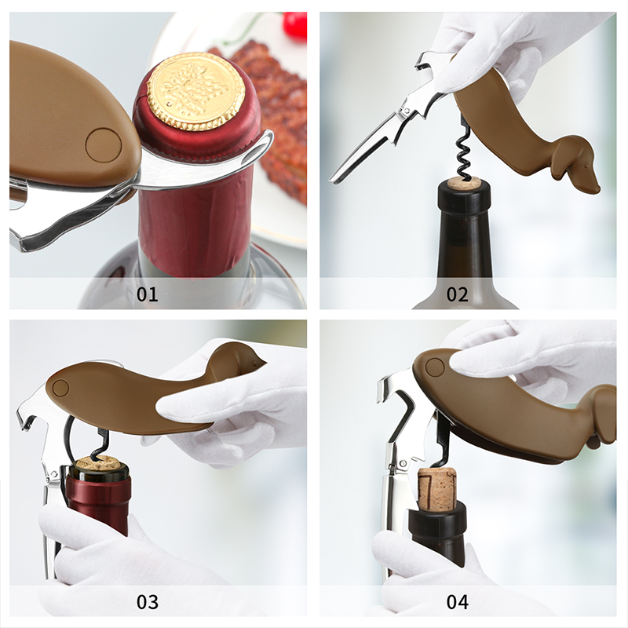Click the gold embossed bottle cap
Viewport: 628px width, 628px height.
pos(195,91)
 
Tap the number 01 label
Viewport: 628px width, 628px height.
pos(148,294)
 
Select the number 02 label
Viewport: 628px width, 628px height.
pos(458,294)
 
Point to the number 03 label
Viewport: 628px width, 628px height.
pos(148,602)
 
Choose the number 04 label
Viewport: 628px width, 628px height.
pos(458,602)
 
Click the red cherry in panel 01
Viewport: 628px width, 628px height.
pos(295,25)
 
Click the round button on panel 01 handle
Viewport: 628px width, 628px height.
pos(104,145)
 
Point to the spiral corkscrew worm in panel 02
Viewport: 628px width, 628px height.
pos(465,154)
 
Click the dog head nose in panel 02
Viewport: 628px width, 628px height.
pos(597,189)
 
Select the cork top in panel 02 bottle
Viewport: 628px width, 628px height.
pos(465,183)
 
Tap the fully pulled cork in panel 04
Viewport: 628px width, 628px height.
pos(437,489)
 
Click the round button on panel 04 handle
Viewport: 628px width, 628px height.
pos(435,367)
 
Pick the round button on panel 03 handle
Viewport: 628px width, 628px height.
pos(60,388)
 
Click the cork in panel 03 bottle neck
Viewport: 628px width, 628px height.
pos(98,463)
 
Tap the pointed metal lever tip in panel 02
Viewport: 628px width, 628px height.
pos(333,180)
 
